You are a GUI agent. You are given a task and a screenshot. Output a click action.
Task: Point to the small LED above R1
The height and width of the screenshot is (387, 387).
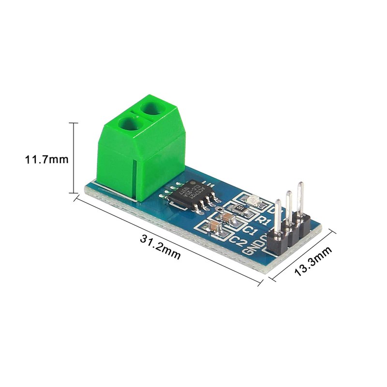(x=252, y=200)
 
